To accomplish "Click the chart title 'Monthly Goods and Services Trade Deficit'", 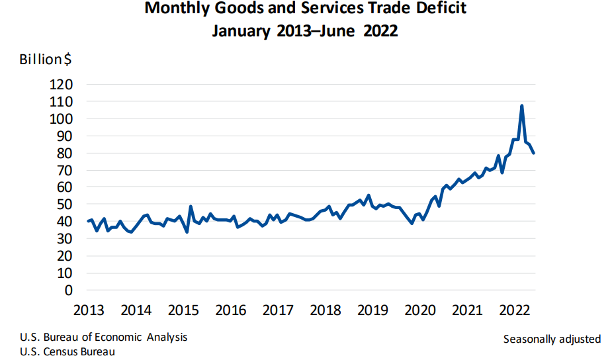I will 305,9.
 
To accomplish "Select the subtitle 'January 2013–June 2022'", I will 305,31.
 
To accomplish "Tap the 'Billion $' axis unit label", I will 46,59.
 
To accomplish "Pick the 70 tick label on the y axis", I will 66,170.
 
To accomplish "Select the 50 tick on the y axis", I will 66,204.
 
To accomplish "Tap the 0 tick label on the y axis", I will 69,290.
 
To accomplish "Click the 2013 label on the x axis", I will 88,310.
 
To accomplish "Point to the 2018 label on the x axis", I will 325,310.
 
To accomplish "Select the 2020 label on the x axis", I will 419,310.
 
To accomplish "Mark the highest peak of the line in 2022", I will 522,106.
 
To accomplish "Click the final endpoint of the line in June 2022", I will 534,153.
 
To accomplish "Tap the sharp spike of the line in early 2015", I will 191,206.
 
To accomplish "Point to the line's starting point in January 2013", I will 88,222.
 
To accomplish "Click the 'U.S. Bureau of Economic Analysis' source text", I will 103,337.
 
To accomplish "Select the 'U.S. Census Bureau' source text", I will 67,352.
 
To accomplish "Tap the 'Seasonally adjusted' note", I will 552,339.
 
